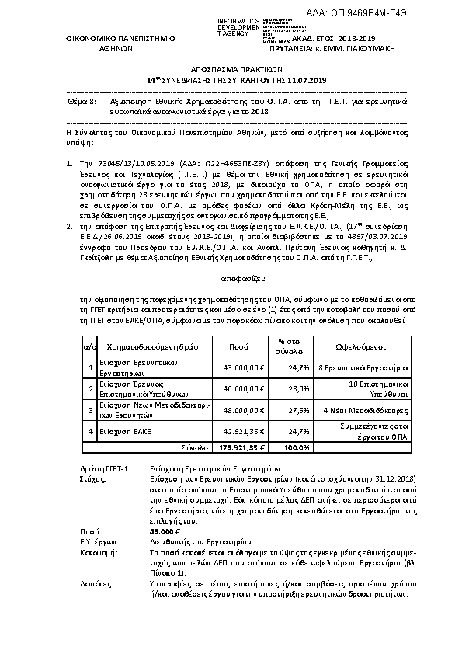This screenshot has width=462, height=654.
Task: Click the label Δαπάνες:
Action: pyautogui.click(x=95, y=582)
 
